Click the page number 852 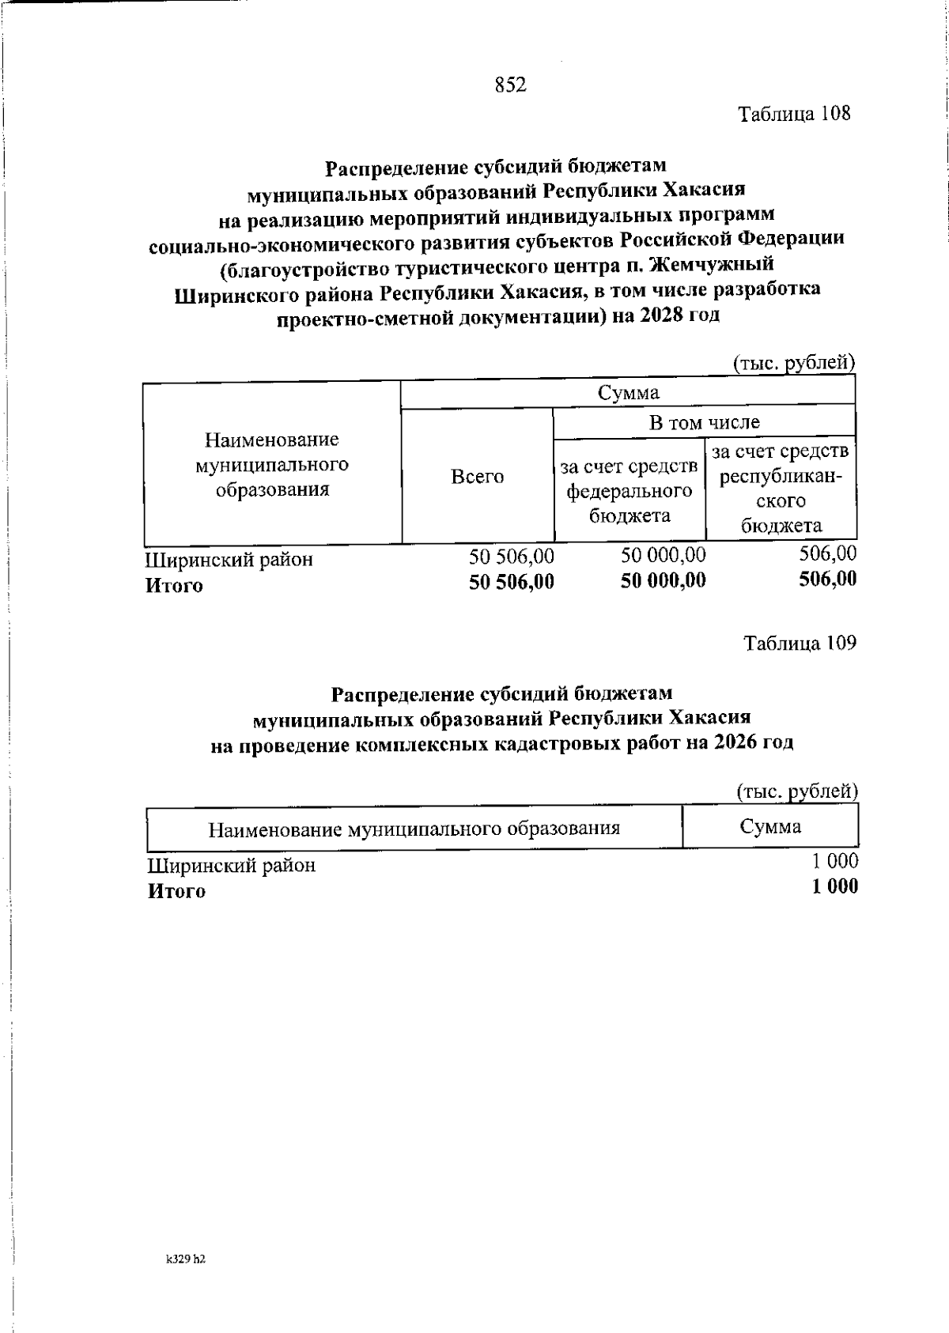[511, 85]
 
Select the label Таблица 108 [794, 114]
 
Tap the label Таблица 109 [800, 644]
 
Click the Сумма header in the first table [628, 393]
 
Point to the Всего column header [477, 477]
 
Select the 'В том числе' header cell [704, 423]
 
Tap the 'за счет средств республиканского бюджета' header [781, 489]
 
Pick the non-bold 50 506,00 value [511, 556]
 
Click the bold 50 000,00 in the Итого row [663, 582]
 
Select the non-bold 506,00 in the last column [827, 553]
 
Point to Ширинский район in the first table [229, 560]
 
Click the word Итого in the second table [176, 892]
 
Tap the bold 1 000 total [834, 887]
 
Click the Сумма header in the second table [770, 827]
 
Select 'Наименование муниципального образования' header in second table [414, 829]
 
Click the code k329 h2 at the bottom [186, 1260]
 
